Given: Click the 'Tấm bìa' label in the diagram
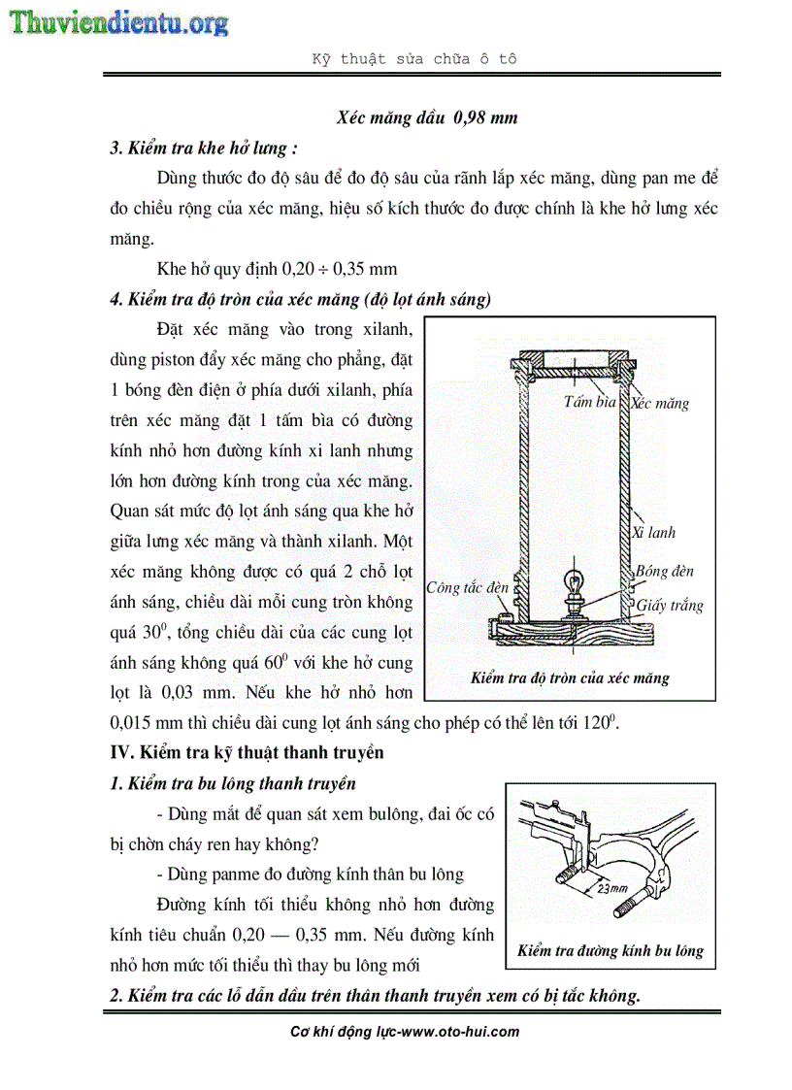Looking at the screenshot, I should (590, 401).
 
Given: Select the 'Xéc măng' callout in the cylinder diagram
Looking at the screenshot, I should (661, 403).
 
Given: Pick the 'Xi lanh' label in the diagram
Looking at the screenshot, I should (654, 532).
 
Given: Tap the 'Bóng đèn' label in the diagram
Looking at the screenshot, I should (665, 572).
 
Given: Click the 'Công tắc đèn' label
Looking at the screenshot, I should (468, 587).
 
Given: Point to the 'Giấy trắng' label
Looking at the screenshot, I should (670, 606).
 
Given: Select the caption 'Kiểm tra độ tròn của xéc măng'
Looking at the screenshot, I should (570, 677).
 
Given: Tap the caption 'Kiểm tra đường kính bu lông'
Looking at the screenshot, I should (610, 950).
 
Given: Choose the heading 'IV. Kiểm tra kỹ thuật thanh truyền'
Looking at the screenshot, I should (247, 752).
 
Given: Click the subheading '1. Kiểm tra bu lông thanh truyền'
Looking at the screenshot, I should (233, 783).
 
